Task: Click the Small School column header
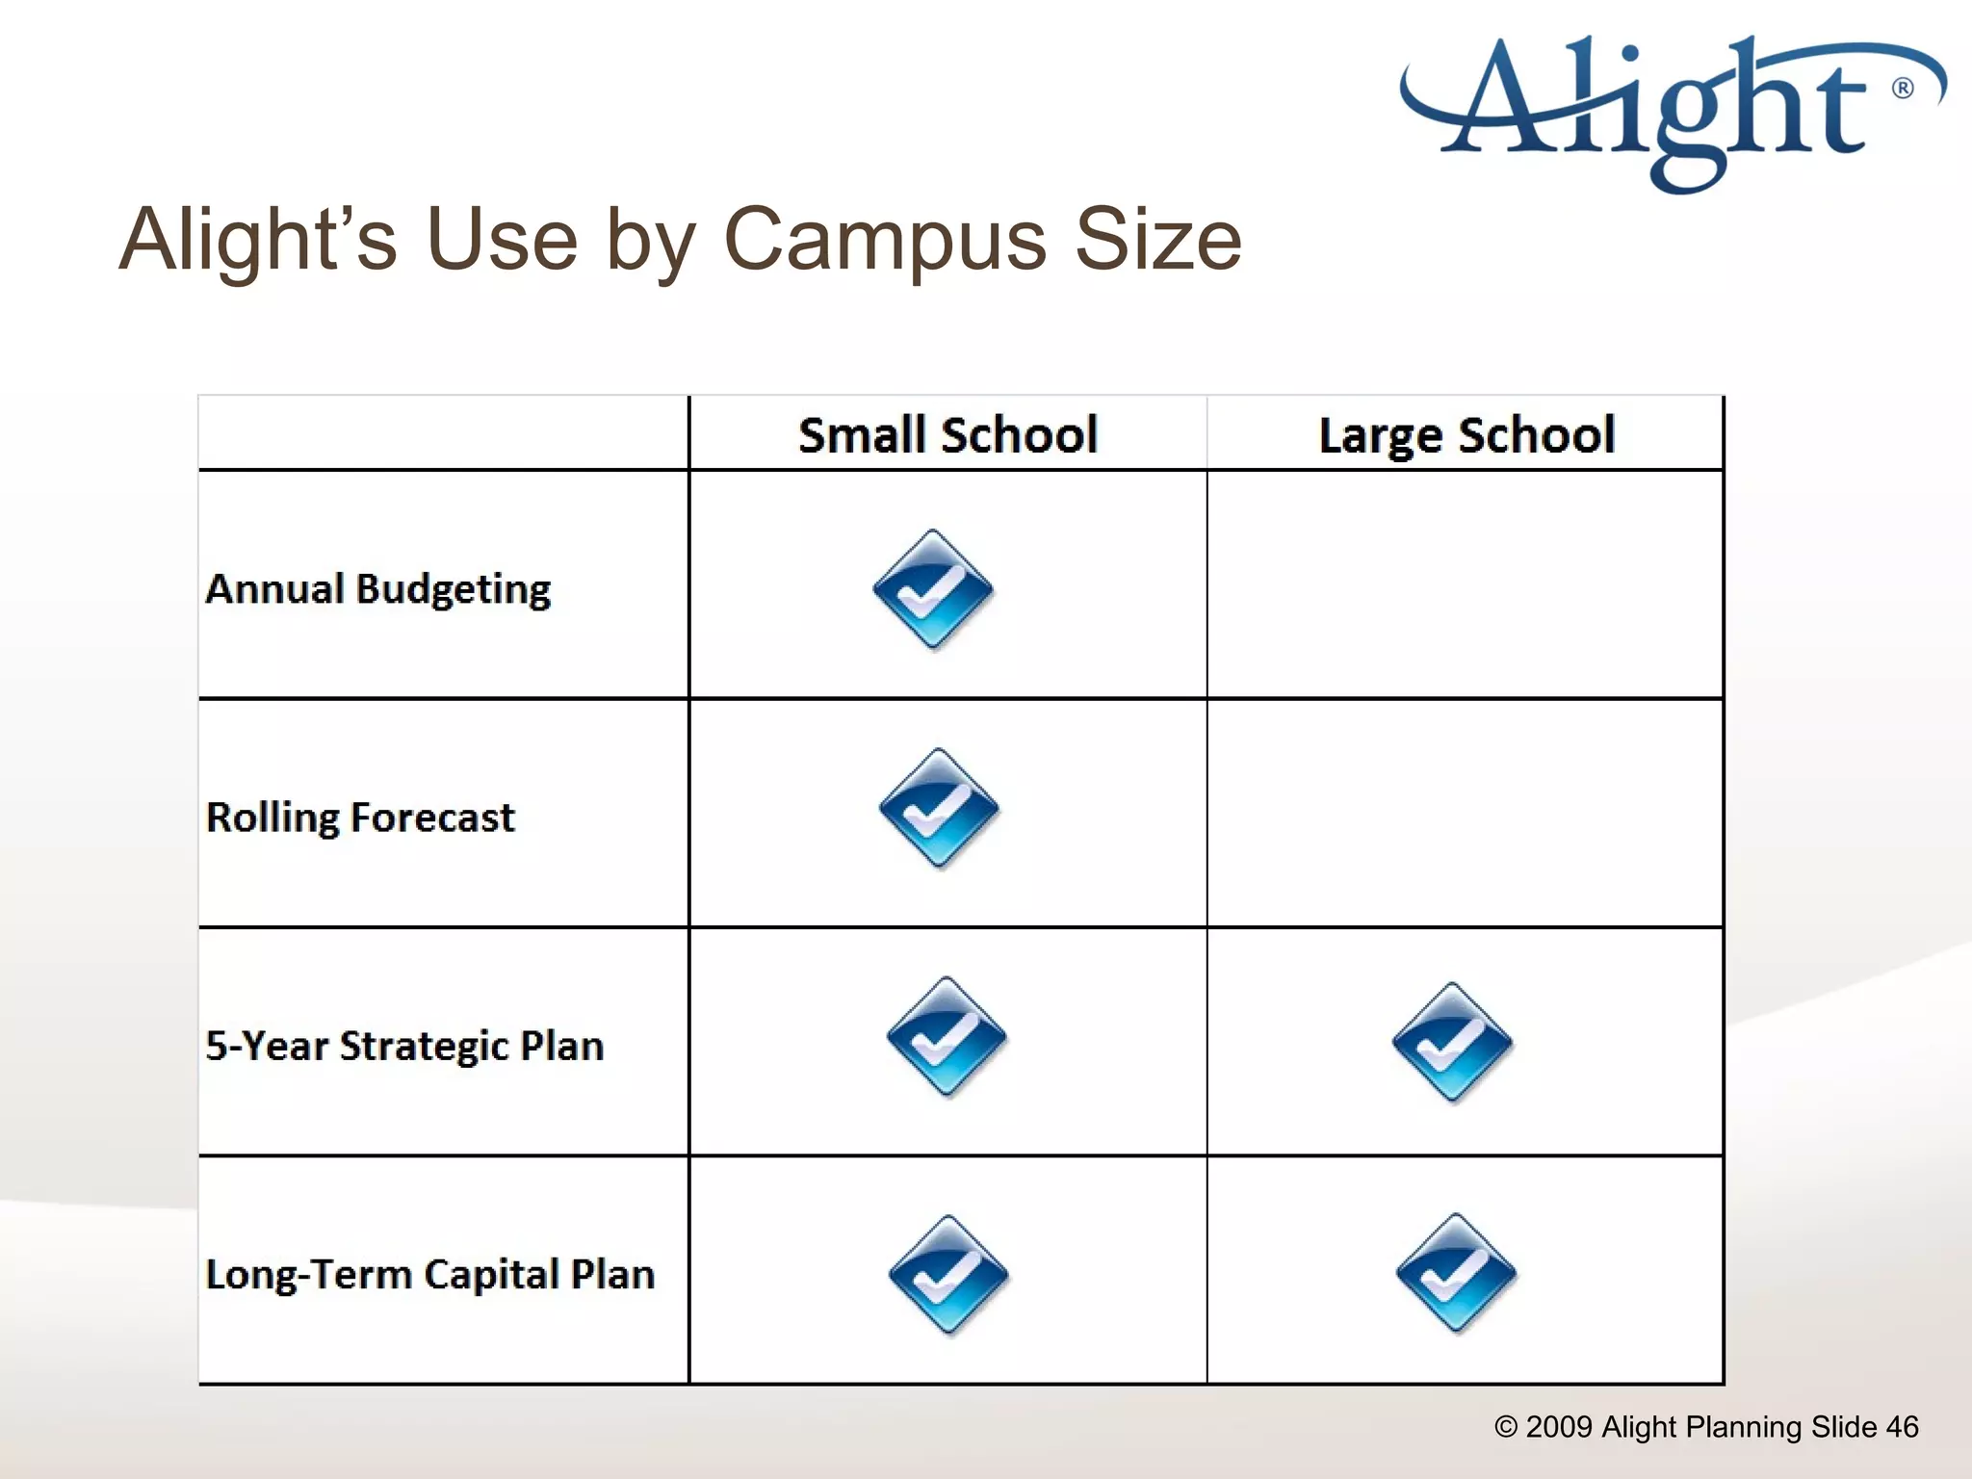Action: [x=947, y=435]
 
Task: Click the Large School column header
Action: [x=1466, y=435]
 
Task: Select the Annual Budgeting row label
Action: [x=378, y=589]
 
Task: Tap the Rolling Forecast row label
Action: [x=361, y=817]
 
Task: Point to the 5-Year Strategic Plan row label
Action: [x=405, y=1046]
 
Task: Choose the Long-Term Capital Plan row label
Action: [x=430, y=1274]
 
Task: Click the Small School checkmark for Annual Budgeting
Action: [x=932, y=589]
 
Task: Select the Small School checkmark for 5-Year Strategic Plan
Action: [x=947, y=1037]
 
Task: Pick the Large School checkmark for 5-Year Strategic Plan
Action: [x=1452, y=1043]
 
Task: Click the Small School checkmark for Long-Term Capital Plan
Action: [x=948, y=1275]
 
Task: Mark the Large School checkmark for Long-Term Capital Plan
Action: [x=1456, y=1273]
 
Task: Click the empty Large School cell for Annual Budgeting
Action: [x=1465, y=584]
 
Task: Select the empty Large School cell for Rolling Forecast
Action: [x=1465, y=814]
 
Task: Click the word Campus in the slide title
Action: [x=884, y=241]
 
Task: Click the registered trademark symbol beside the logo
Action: [x=1903, y=89]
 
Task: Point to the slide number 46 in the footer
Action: [x=1902, y=1427]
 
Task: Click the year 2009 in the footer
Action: [x=1559, y=1427]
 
